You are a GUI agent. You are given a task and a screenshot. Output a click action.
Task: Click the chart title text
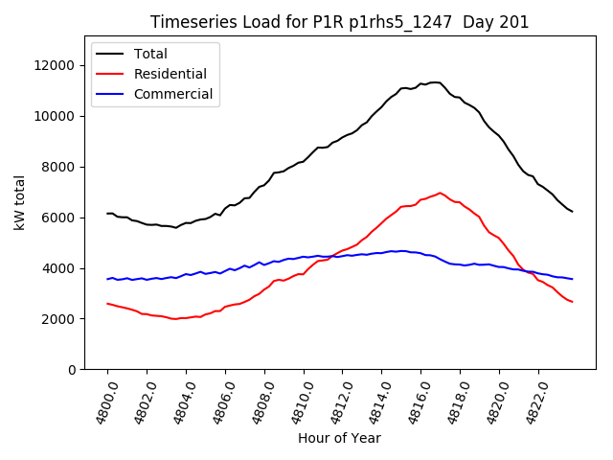(340, 22)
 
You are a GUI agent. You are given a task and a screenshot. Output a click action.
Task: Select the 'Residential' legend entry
(170, 74)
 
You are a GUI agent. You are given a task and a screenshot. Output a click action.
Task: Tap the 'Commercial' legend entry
(173, 95)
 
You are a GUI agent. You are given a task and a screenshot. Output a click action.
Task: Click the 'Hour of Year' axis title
(339, 438)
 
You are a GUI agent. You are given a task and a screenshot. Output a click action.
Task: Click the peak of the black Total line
(434, 82)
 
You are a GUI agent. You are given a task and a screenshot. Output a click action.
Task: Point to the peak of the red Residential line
(441, 193)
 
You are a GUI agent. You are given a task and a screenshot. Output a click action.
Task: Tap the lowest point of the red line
(175, 319)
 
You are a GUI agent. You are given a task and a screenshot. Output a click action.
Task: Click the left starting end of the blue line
(107, 279)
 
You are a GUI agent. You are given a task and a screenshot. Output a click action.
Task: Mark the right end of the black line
(573, 212)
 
